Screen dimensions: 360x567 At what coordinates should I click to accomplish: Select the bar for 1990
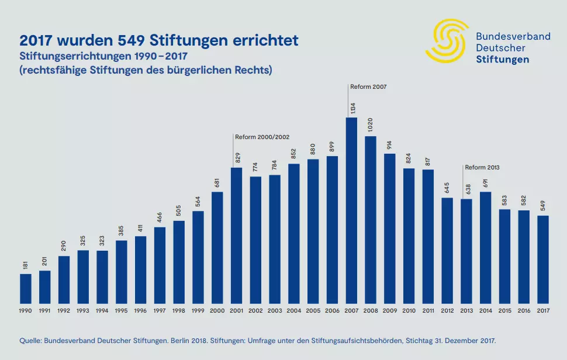coord(26,289)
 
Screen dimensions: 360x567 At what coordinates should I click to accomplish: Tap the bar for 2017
coord(543,259)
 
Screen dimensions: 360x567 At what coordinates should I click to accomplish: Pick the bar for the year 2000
coord(217,248)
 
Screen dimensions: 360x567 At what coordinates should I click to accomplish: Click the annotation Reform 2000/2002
coord(262,137)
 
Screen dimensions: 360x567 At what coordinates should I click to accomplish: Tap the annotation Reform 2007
coord(369,86)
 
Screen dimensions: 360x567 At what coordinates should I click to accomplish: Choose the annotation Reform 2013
coord(482,167)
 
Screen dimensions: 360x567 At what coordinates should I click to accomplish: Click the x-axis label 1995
coord(121,311)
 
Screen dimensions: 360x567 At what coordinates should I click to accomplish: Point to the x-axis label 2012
coord(447,311)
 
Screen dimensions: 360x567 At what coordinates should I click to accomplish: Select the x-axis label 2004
coord(294,311)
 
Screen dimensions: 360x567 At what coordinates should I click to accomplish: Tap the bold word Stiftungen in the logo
coord(503,59)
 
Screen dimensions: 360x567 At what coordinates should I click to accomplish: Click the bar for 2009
coord(390,229)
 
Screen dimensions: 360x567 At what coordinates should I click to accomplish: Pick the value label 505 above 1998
coord(179,211)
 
